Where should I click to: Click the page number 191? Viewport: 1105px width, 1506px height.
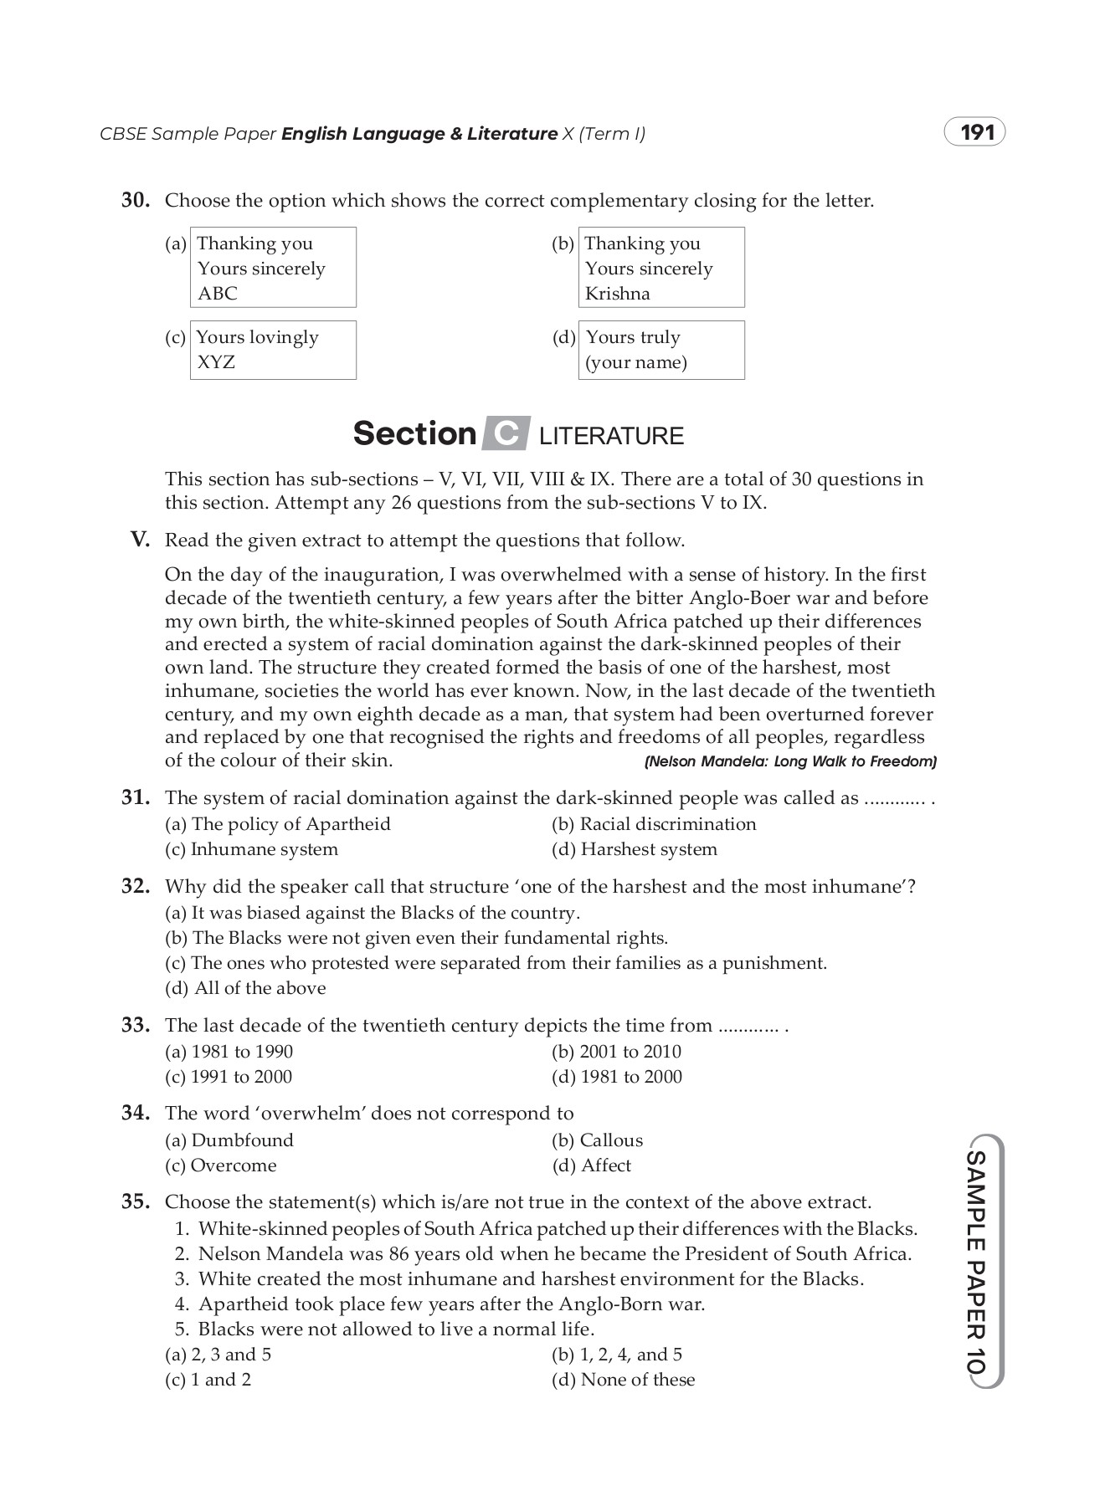[976, 133]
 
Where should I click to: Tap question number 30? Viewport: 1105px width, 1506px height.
[136, 201]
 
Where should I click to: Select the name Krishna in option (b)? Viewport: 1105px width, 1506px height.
[617, 294]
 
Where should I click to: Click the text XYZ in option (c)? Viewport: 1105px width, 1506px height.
[215, 362]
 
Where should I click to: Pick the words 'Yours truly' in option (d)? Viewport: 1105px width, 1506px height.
[633, 337]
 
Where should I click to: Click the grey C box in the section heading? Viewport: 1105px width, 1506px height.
[506, 433]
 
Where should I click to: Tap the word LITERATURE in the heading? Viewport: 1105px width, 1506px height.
[611, 436]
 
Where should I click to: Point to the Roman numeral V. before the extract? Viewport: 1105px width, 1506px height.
[140, 540]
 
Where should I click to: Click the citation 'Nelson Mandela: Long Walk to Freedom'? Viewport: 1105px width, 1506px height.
[789, 762]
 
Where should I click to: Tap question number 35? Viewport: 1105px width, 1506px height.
[136, 1202]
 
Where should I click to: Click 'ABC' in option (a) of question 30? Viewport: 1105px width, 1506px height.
[218, 294]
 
